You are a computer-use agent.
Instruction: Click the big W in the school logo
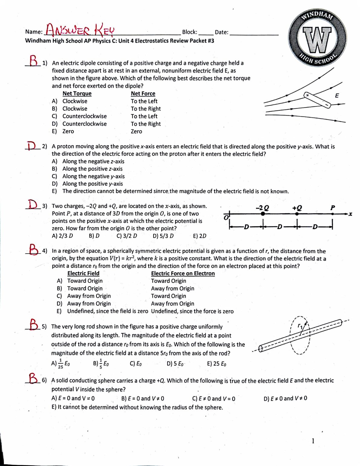pyautogui.click(x=317, y=39)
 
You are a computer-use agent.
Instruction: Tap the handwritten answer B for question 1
pyautogui.click(x=34, y=61)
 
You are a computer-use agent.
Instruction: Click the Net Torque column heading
pyautogui.click(x=77, y=94)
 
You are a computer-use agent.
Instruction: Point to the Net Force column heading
pyautogui.click(x=143, y=94)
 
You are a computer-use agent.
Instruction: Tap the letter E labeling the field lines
pyautogui.click(x=337, y=96)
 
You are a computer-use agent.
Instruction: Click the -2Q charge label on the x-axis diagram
pyautogui.click(x=262, y=208)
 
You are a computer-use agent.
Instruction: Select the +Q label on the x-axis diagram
pyautogui.click(x=297, y=208)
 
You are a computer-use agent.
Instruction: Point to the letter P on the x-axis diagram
pyautogui.click(x=332, y=208)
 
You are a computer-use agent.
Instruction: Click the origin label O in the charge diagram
pyautogui.click(x=226, y=218)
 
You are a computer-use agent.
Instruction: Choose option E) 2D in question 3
pyautogui.click(x=200, y=236)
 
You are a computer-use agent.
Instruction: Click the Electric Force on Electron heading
pyautogui.click(x=183, y=273)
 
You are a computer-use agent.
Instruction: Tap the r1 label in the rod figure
pyautogui.click(x=300, y=326)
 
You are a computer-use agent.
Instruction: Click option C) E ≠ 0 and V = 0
pyautogui.click(x=214, y=399)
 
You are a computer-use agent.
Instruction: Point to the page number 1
pyautogui.click(x=313, y=441)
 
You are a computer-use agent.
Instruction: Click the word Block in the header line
pyautogui.click(x=189, y=32)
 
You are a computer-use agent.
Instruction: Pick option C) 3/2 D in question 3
pyautogui.click(x=127, y=236)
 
